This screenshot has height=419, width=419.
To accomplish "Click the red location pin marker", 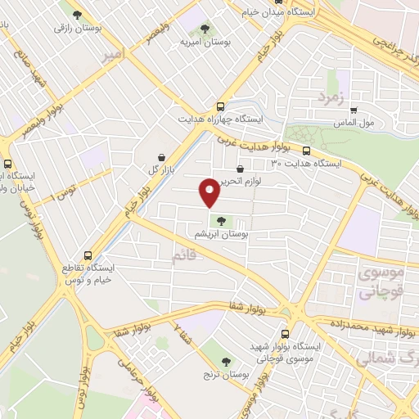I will (209, 191).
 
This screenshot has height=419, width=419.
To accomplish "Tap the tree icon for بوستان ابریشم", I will (220, 219).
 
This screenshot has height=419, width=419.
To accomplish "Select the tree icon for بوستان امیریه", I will (205, 29).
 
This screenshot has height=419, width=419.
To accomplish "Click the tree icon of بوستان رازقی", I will (78, 15).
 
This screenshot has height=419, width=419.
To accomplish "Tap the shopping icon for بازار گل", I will (161, 156).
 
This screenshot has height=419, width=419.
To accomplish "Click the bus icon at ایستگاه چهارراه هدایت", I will (219, 106).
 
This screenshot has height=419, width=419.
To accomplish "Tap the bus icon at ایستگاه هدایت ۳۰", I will (307, 151).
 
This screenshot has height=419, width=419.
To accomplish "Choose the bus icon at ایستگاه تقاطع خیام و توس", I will (89, 255).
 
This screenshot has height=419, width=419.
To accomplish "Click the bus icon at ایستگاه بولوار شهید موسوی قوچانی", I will (285, 334).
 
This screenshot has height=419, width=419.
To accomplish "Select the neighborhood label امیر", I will (114, 56).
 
